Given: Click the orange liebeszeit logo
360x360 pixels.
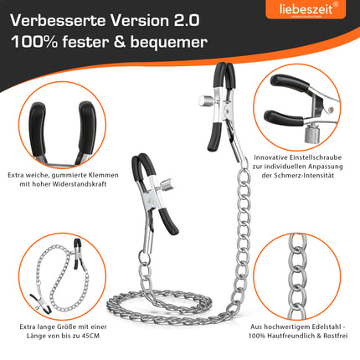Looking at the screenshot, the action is [306, 9].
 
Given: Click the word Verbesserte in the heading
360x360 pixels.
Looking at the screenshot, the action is [58, 21].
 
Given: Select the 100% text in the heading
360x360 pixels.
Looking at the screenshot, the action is [34, 42].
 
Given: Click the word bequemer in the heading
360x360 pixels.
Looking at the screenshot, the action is [169, 43].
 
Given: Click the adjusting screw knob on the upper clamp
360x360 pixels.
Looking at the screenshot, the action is [206, 100].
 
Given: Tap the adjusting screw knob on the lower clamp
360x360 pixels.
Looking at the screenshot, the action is [167, 185].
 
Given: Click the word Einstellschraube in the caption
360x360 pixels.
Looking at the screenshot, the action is [316, 157].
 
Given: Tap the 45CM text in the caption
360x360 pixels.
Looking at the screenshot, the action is [91, 336].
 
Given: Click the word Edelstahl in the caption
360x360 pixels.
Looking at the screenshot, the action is [327, 327].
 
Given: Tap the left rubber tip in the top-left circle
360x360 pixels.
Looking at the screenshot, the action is [38, 130].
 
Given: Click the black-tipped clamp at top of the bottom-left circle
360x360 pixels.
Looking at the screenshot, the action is [78, 254].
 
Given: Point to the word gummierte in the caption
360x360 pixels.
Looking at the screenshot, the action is [69, 175].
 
